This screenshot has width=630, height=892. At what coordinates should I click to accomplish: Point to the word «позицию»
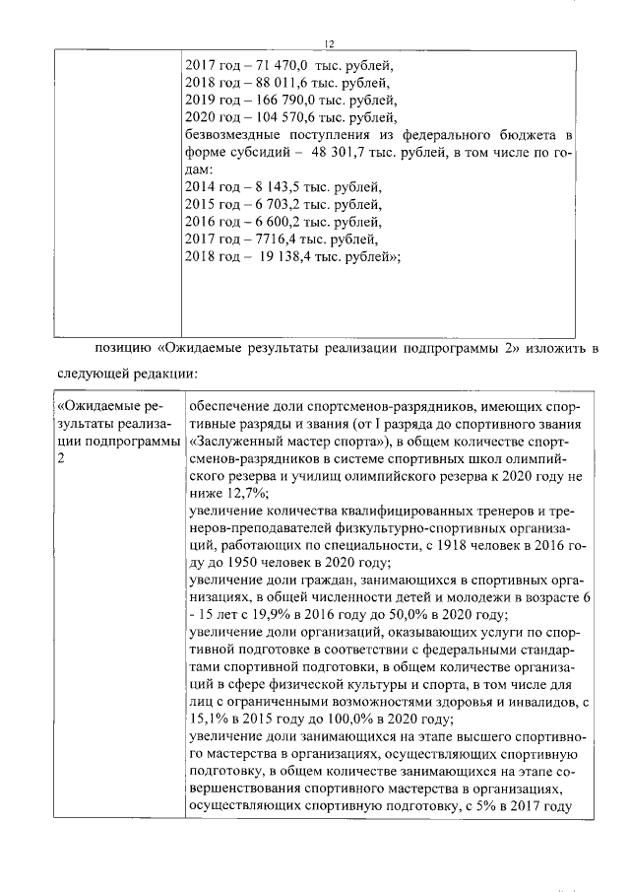122,347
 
